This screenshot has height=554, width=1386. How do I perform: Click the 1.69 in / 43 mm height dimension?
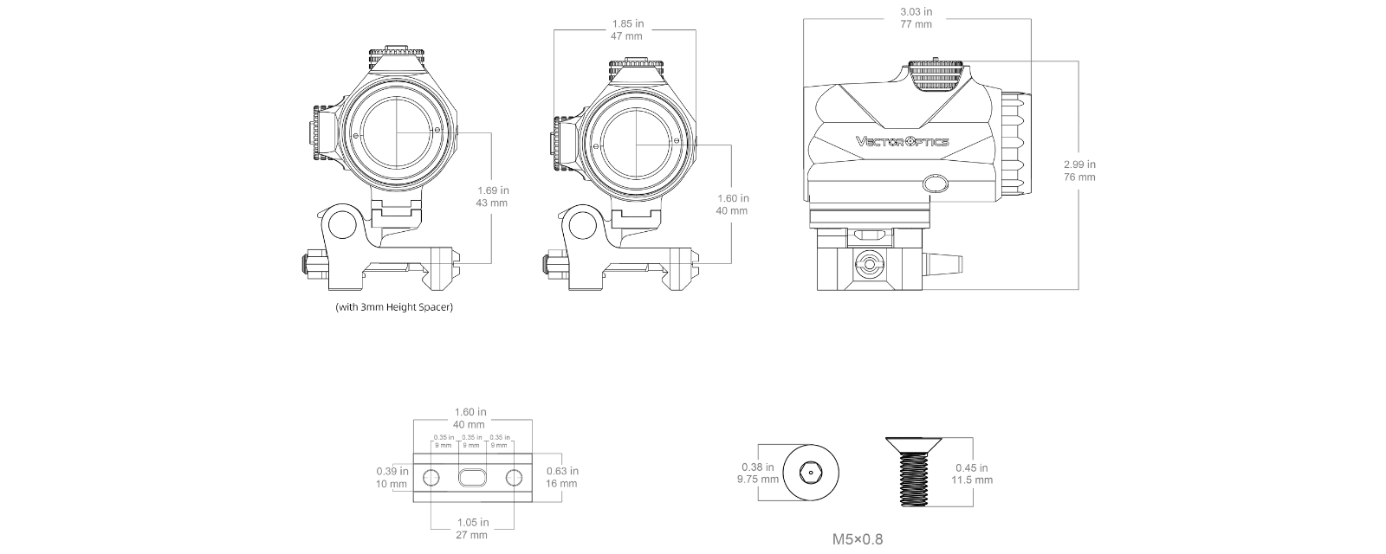[x=492, y=196]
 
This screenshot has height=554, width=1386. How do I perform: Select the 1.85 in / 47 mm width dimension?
[x=625, y=30]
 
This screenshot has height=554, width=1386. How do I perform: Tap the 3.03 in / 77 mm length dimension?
[x=916, y=18]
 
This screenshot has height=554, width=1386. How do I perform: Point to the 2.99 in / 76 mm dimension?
[x=1078, y=171]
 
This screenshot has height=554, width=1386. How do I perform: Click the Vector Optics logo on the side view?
[x=902, y=142]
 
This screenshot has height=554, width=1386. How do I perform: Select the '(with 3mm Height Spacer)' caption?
[x=394, y=307]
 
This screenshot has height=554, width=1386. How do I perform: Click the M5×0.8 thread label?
[x=858, y=539]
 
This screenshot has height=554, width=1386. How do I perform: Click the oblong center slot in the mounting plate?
[x=472, y=477]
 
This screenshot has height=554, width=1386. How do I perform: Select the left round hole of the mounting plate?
[x=431, y=477]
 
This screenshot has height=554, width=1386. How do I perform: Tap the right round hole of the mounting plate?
[x=514, y=477]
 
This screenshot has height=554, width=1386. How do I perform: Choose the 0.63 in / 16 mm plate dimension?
[x=562, y=477]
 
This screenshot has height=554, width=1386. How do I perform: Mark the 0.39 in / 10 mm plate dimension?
[x=392, y=477]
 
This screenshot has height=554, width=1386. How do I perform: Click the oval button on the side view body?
[x=936, y=184]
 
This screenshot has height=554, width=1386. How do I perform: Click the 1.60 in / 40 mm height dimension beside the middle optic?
[x=732, y=204]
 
